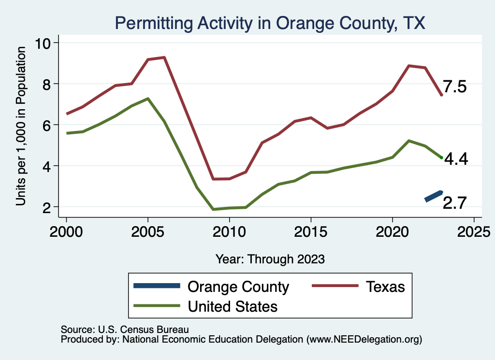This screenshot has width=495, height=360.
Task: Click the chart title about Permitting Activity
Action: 269,23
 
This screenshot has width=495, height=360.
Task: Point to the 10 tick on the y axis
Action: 45,43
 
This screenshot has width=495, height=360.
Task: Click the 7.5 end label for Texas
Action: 454,87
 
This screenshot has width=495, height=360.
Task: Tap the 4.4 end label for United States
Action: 455,159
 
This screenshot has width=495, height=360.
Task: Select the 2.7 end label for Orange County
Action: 454,203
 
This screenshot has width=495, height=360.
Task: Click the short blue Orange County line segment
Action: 433,196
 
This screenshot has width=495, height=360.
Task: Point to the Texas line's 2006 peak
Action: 164,58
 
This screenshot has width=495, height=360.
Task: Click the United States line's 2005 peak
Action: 147,99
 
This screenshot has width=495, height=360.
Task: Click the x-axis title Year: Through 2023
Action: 270,259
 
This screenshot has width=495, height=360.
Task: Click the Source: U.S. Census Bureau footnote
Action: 124,329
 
